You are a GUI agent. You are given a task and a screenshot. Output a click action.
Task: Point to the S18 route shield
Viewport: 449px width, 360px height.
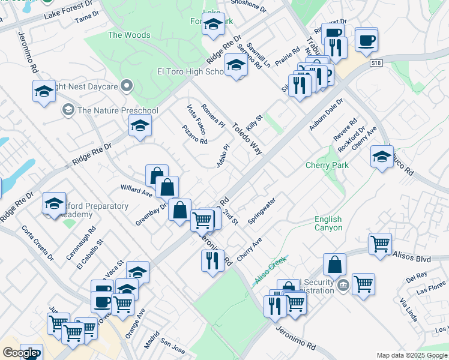pos(376,62)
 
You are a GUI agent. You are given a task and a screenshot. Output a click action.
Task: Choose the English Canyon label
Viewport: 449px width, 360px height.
pos(328,224)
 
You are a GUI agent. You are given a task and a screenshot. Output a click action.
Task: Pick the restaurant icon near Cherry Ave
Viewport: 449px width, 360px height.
pos(212,261)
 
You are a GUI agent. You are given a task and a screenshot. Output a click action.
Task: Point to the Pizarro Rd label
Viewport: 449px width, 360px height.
pos(195,134)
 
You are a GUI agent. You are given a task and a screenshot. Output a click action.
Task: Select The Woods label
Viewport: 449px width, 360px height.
pos(129,35)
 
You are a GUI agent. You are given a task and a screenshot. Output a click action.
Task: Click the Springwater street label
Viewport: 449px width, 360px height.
pos(262,211)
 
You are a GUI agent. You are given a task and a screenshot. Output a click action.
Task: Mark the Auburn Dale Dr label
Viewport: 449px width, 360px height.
pos(326,115)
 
